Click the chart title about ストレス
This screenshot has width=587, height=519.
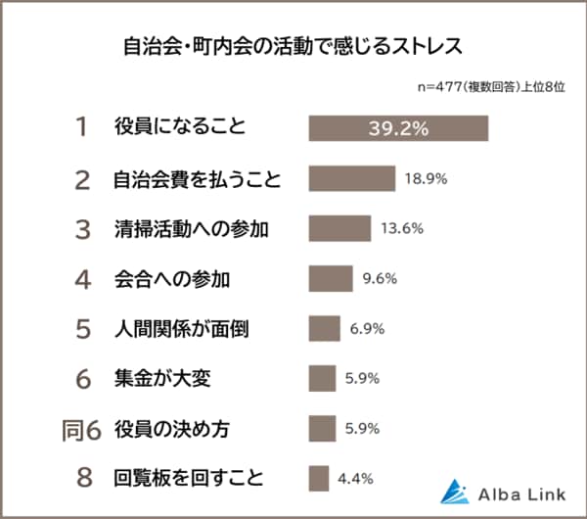tap(293, 46)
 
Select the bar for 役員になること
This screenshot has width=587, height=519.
tap(398, 128)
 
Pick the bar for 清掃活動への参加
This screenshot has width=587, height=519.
tap(339, 229)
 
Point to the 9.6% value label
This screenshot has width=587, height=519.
tap(379, 279)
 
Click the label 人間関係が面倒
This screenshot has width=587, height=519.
tap(181, 329)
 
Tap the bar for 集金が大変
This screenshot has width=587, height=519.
tap(322, 378)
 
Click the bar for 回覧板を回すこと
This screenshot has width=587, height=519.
tap(318, 478)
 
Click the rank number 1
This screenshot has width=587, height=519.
tap(82, 128)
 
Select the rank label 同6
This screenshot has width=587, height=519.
tap(77, 429)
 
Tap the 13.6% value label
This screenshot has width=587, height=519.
tap(401, 229)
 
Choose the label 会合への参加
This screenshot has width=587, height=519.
tap(171, 279)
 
